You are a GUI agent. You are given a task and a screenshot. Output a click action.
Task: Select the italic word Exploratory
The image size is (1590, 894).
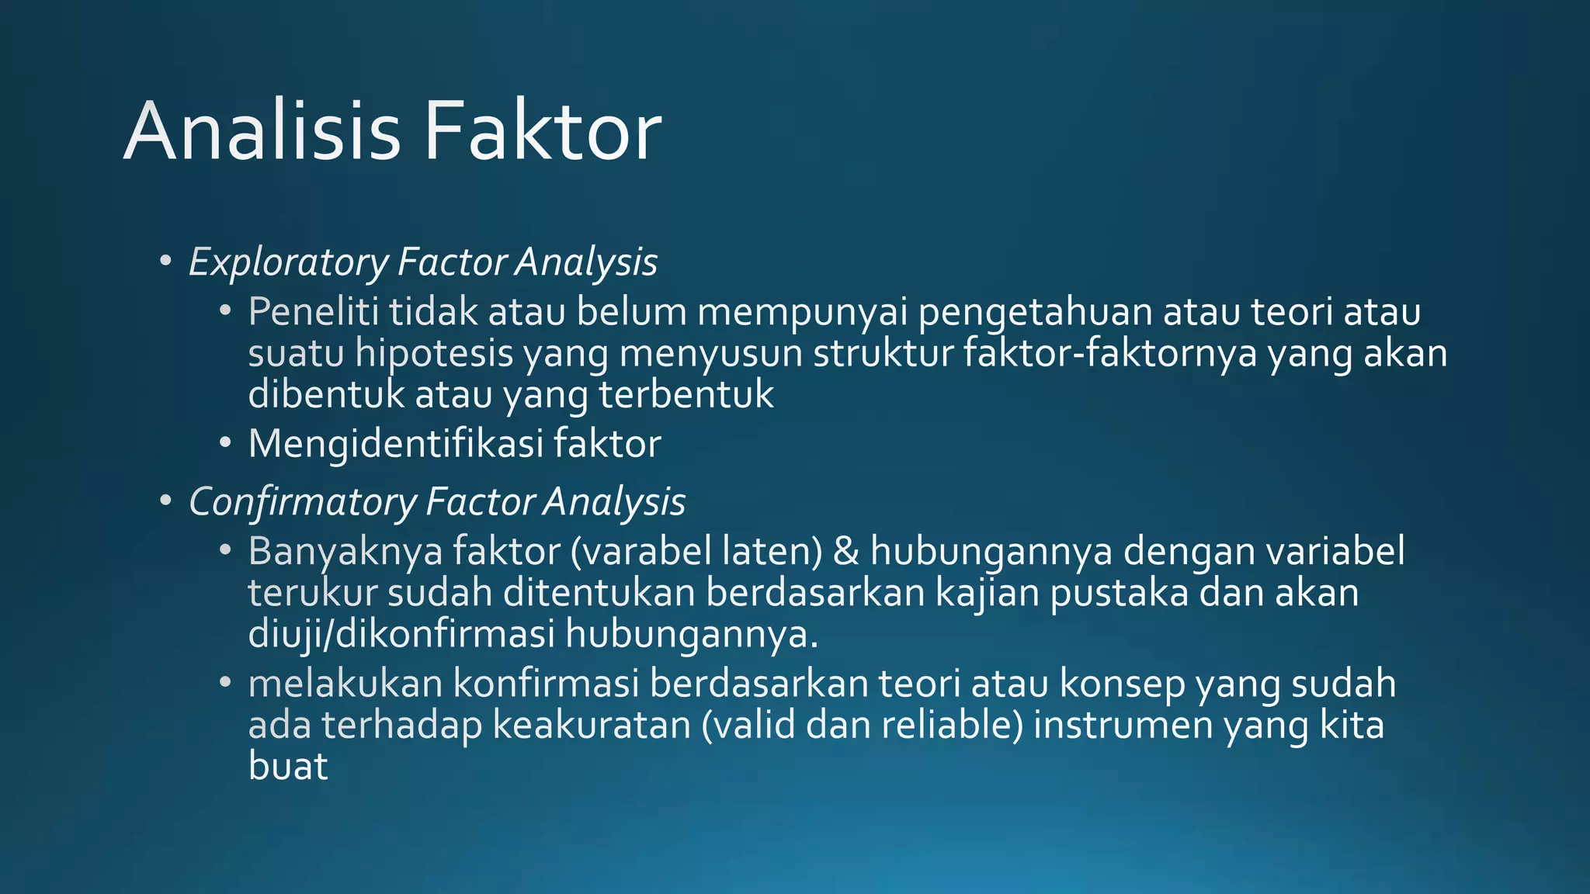point(288,262)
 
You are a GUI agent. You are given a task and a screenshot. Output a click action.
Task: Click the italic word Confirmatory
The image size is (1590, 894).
point(303,502)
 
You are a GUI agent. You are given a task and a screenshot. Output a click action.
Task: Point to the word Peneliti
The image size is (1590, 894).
point(313,312)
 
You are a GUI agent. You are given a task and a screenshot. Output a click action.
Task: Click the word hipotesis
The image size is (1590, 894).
point(434,354)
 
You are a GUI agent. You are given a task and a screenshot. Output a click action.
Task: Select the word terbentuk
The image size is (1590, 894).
point(686,394)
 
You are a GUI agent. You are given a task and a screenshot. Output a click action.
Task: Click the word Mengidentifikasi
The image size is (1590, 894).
point(395,444)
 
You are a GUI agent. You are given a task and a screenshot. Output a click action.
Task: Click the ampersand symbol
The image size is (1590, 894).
point(845,551)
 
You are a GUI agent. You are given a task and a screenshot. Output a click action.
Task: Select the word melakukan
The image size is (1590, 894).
point(345,684)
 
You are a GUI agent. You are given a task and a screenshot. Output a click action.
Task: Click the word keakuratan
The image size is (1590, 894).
point(592,725)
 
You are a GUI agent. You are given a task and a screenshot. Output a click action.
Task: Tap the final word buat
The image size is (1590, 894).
point(288,766)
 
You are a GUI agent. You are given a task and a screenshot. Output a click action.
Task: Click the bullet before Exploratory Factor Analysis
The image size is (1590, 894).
point(165,261)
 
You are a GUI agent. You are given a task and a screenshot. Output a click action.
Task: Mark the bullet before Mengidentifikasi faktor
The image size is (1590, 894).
point(225,443)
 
